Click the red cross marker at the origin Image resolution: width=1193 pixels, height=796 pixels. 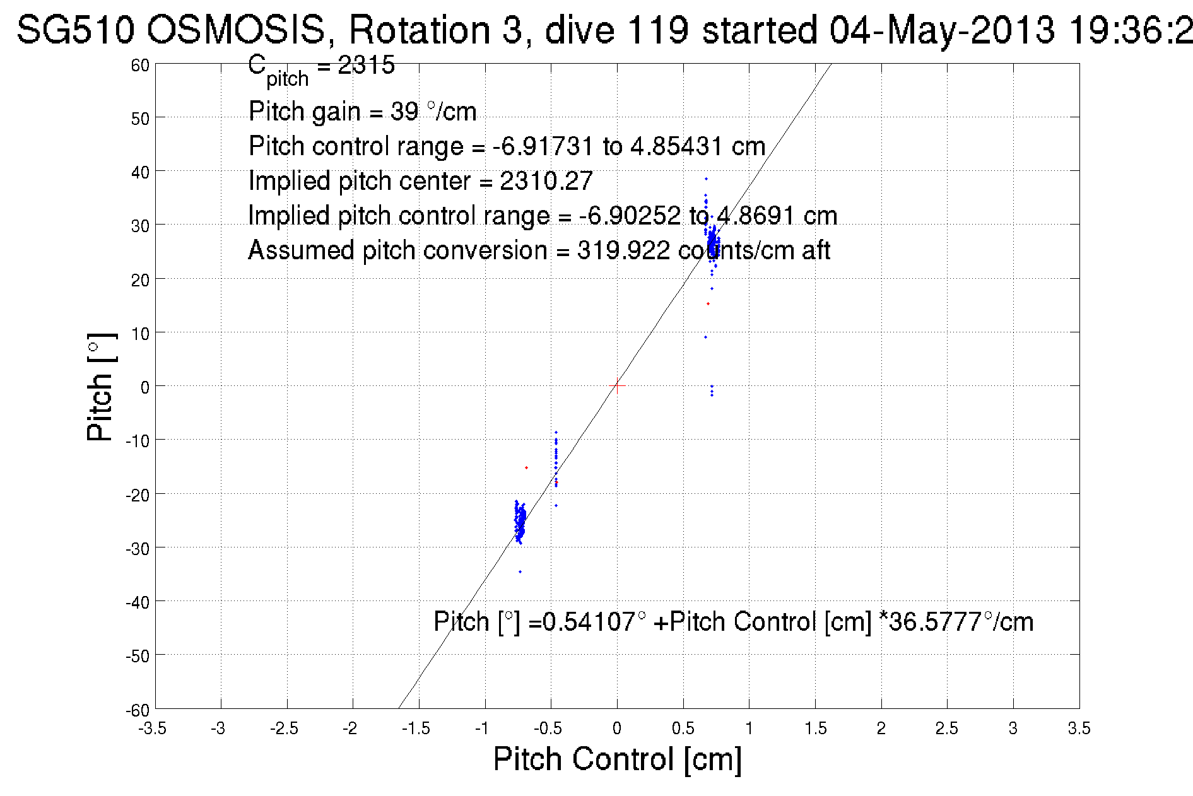(617, 385)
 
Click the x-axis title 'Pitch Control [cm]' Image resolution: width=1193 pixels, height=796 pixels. (617, 758)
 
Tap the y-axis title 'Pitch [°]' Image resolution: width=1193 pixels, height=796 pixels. (101, 387)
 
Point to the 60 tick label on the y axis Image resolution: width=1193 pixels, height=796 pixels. (140, 65)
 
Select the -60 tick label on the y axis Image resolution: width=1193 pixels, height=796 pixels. (137, 710)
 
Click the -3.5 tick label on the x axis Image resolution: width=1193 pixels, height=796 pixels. (153, 729)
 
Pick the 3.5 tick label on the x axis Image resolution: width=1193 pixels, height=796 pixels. (1079, 729)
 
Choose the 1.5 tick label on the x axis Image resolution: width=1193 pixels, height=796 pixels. (815, 729)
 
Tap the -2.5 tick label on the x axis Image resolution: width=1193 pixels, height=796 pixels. (285, 729)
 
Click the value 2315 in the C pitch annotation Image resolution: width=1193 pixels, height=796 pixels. (366, 65)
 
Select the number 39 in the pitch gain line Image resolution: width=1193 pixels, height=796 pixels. (404, 112)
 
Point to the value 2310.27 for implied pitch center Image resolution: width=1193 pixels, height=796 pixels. (546, 182)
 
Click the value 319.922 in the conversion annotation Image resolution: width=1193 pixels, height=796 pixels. (623, 251)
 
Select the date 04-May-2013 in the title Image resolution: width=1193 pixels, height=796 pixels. (942, 30)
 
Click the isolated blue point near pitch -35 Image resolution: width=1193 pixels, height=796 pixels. (520, 571)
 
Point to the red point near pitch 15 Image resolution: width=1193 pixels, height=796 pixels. (708, 304)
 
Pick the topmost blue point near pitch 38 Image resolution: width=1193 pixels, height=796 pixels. (706, 179)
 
